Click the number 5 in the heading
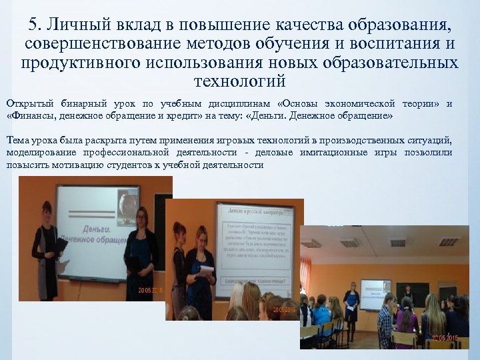point(35,25)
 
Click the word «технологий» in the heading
point(239,81)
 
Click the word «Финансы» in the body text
point(32,115)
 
